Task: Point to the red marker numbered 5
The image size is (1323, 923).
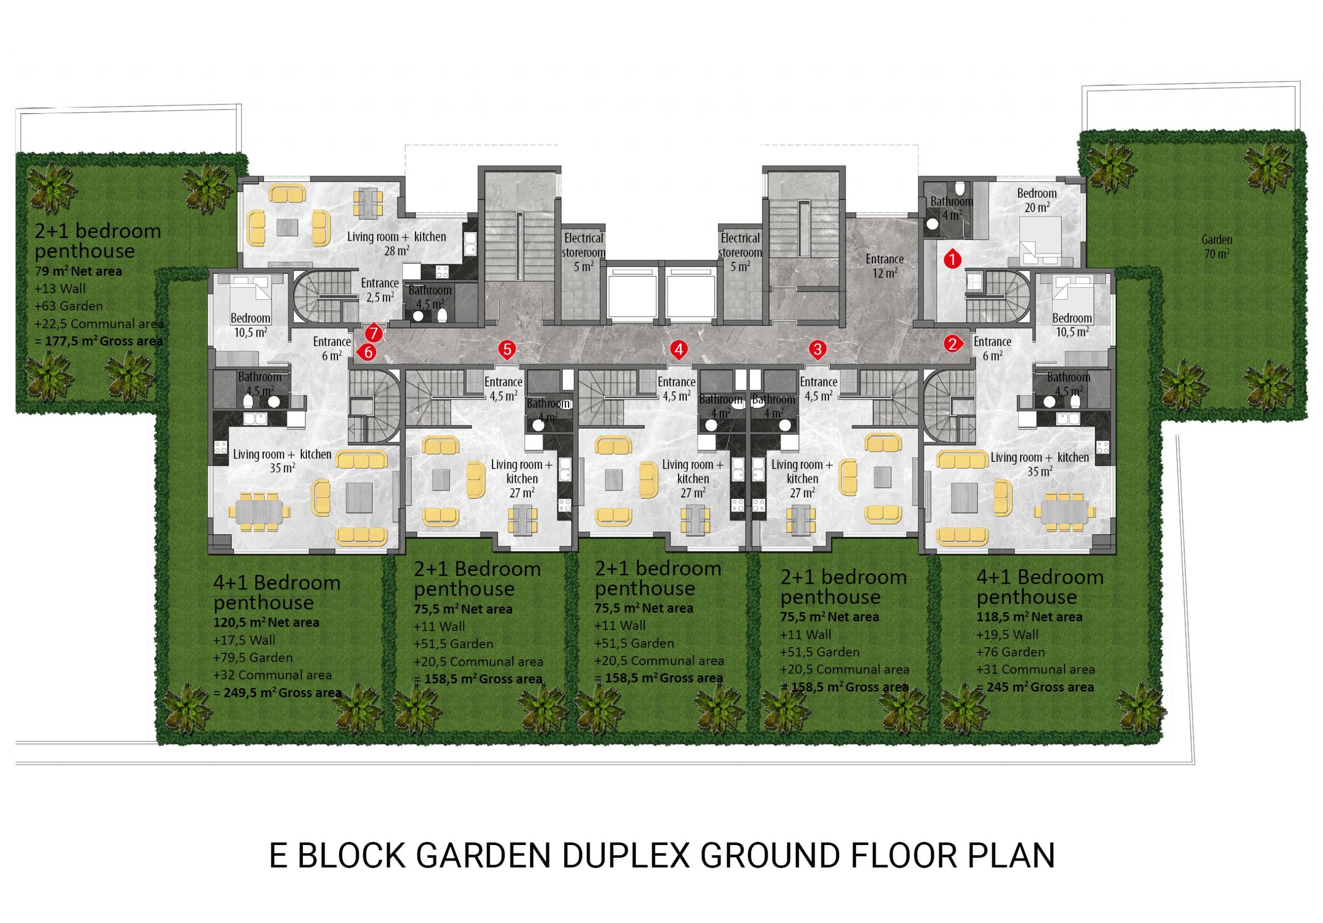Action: [507, 348]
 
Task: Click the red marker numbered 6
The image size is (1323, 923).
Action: [367, 352]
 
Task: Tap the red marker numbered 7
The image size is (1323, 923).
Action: [374, 333]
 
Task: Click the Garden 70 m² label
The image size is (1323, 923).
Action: [1217, 246]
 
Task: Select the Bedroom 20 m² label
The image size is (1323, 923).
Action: [1037, 200]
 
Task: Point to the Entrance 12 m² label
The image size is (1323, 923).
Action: [884, 266]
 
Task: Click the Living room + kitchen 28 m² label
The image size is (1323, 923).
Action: [396, 243]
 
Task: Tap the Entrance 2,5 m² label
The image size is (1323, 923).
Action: [380, 290]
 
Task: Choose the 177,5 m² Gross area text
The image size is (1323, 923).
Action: [99, 341]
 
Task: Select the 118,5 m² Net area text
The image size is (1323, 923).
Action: [1029, 617]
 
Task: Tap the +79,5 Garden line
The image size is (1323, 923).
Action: [253, 658]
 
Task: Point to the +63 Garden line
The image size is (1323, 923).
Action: [69, 306]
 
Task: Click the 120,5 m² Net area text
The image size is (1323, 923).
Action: [266, 622]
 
